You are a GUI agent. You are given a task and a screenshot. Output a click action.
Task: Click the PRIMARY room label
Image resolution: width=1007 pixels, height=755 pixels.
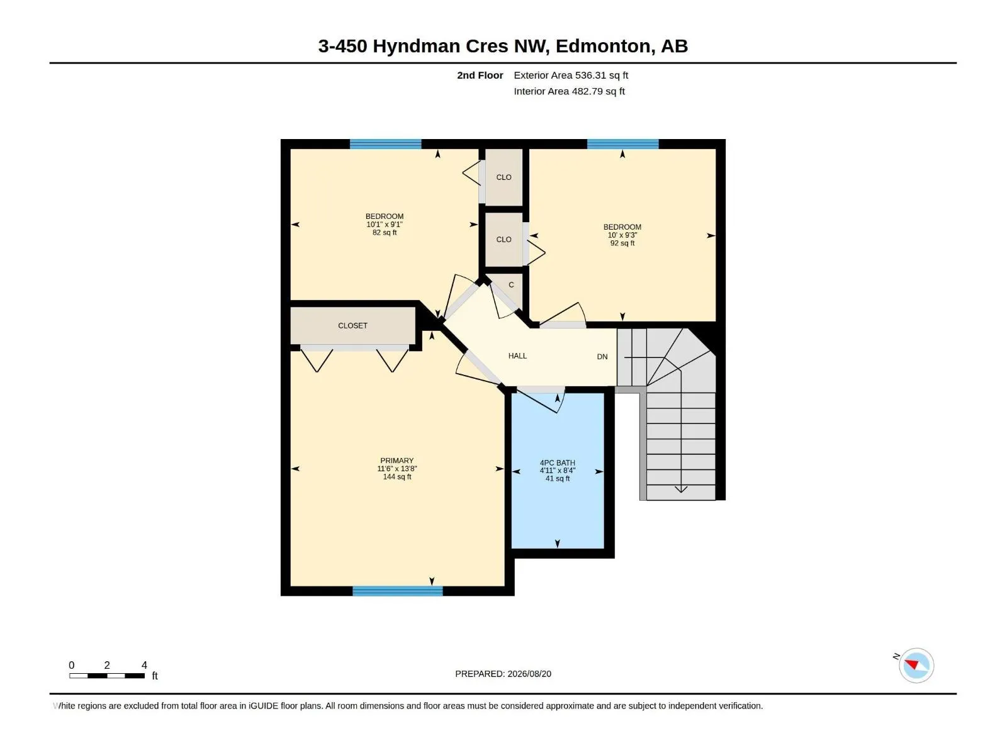[397, 461]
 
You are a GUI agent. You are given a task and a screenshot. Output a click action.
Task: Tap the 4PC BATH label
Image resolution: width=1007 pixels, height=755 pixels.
[558, 462]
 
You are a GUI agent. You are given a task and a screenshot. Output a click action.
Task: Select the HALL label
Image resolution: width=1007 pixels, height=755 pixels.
[517, 355]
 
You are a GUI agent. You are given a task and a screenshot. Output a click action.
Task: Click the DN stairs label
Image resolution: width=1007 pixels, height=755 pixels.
[602, 357]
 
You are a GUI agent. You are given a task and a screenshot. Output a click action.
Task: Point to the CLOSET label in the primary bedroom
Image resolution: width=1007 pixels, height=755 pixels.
[353, 325]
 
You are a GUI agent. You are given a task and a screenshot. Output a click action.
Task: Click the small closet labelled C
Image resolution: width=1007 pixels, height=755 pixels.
[511, 284]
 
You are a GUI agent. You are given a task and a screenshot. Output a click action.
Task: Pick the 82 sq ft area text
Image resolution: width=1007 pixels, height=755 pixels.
[385, 232]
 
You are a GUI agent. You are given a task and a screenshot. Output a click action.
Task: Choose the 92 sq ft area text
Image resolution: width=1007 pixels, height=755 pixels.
[622, 243]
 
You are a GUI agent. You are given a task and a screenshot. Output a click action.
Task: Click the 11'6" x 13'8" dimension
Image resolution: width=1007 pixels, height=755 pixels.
[397, 469]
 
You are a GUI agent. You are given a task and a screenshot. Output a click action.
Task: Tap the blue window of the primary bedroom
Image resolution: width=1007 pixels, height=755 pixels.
[397, 591]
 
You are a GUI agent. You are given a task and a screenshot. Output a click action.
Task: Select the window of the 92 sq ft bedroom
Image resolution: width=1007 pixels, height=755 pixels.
[622, 144]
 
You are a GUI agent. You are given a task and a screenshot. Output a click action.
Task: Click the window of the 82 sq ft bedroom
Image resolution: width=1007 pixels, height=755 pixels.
[385, 144]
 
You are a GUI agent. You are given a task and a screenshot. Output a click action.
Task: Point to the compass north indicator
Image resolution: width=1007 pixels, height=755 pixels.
[911, 664]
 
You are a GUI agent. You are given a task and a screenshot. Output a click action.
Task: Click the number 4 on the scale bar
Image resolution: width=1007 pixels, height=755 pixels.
[144, 665]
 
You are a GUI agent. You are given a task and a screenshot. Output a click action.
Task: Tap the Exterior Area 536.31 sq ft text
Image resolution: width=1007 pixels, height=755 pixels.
[571, 75]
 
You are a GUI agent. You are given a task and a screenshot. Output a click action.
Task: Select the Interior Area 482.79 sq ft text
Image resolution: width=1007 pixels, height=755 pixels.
[569, 91]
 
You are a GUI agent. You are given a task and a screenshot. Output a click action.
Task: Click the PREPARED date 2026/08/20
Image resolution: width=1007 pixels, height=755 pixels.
[529, 674]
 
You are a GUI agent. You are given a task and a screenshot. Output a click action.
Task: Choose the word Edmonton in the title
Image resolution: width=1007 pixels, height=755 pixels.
[605, 47]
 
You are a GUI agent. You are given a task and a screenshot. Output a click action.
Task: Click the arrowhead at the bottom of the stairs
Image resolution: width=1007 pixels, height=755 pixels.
[681, 489]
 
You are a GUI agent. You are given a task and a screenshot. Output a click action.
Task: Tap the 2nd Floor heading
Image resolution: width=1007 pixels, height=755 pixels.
[480, 75]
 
